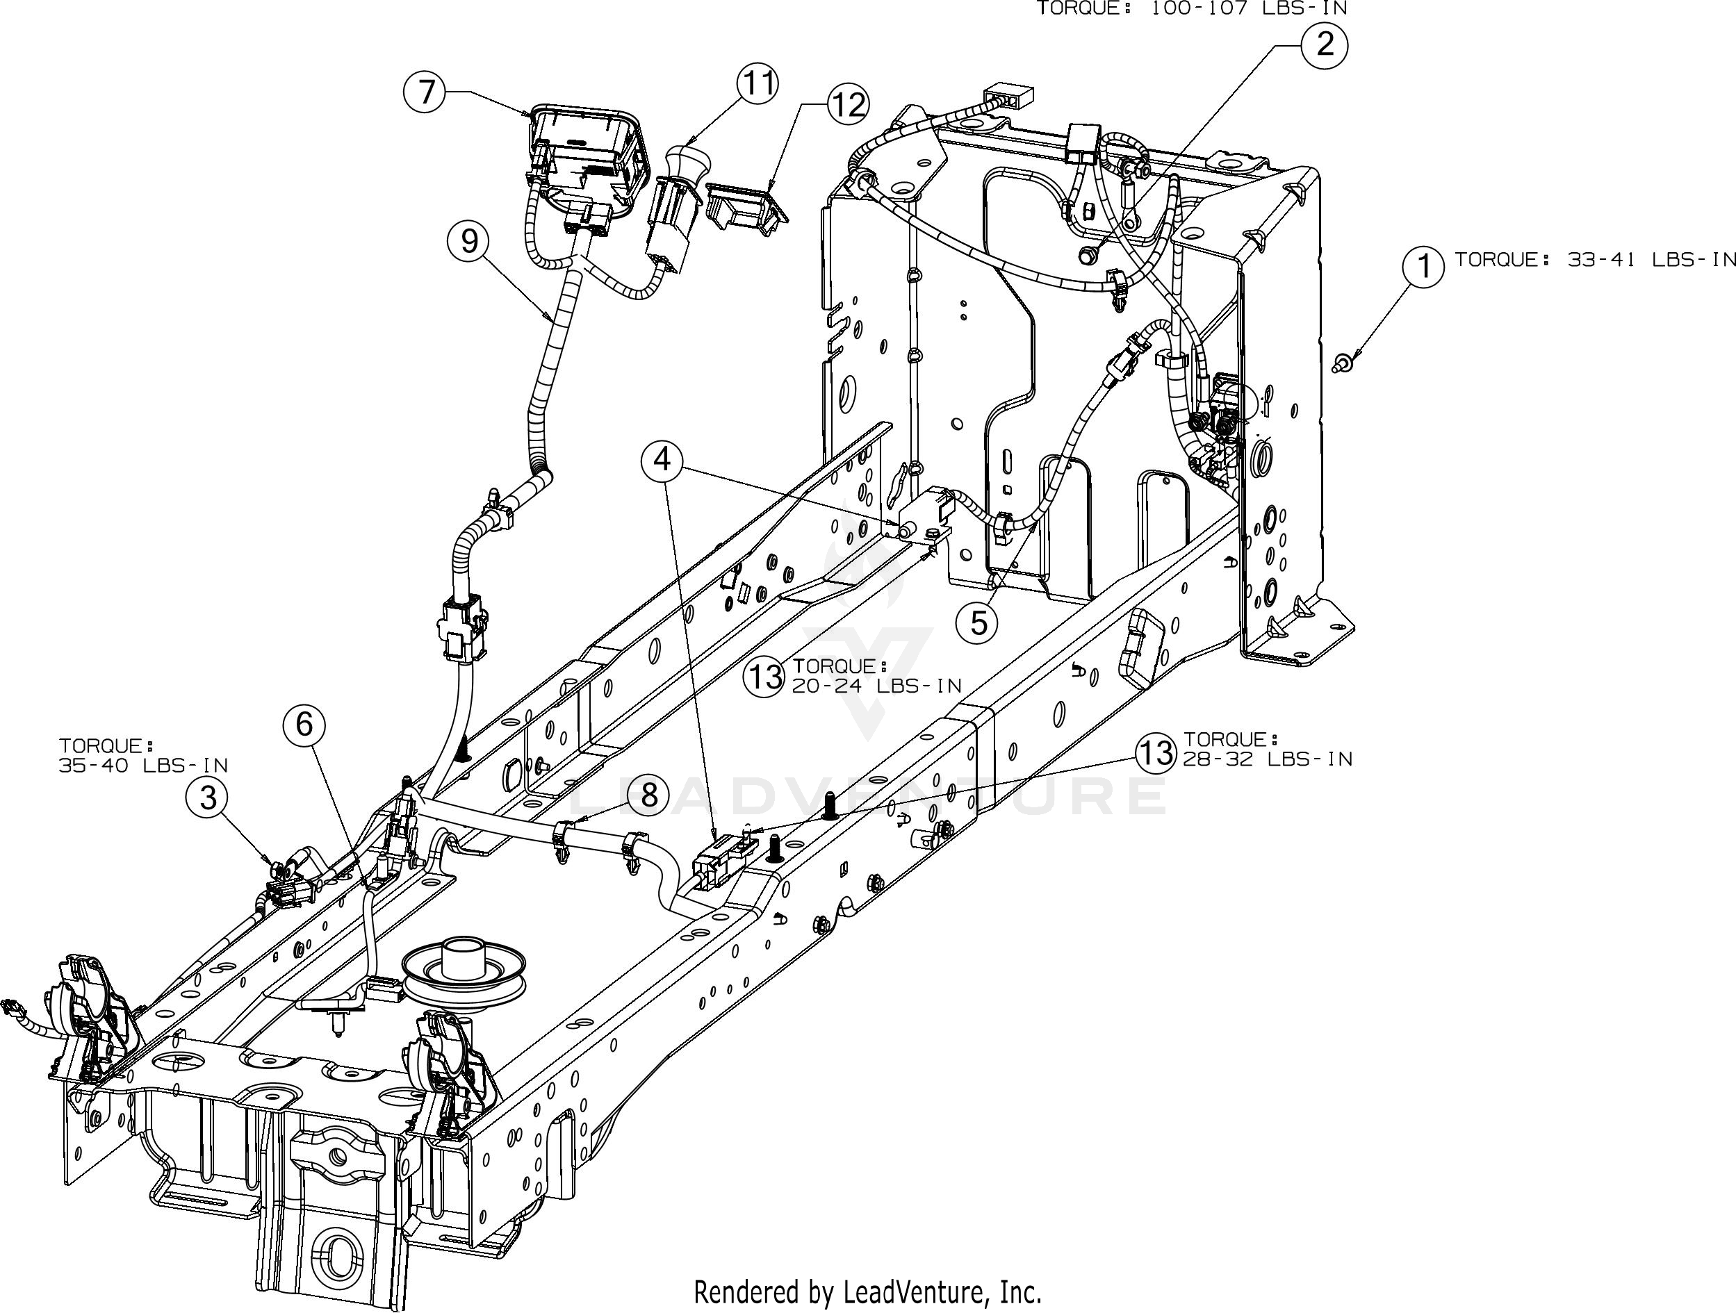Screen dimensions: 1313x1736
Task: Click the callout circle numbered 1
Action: coord(1423,267)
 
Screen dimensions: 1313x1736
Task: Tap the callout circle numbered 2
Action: coord(1325,44)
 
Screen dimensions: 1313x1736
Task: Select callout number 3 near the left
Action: coord(207,798)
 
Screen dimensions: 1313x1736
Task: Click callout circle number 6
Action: coord(304,724)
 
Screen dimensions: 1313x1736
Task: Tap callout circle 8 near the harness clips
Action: coord(648,795)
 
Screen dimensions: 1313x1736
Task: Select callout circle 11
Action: coord(758,83)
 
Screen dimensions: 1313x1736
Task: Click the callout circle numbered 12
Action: coord(847,104)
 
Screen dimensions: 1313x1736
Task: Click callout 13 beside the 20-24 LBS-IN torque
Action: coord(764,676)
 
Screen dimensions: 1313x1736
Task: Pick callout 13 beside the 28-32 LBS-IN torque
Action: coord(1155,753)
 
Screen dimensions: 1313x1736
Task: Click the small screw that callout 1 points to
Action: coord(1341,363)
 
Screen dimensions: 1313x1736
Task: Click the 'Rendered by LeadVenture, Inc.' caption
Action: coord(868,1290)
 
